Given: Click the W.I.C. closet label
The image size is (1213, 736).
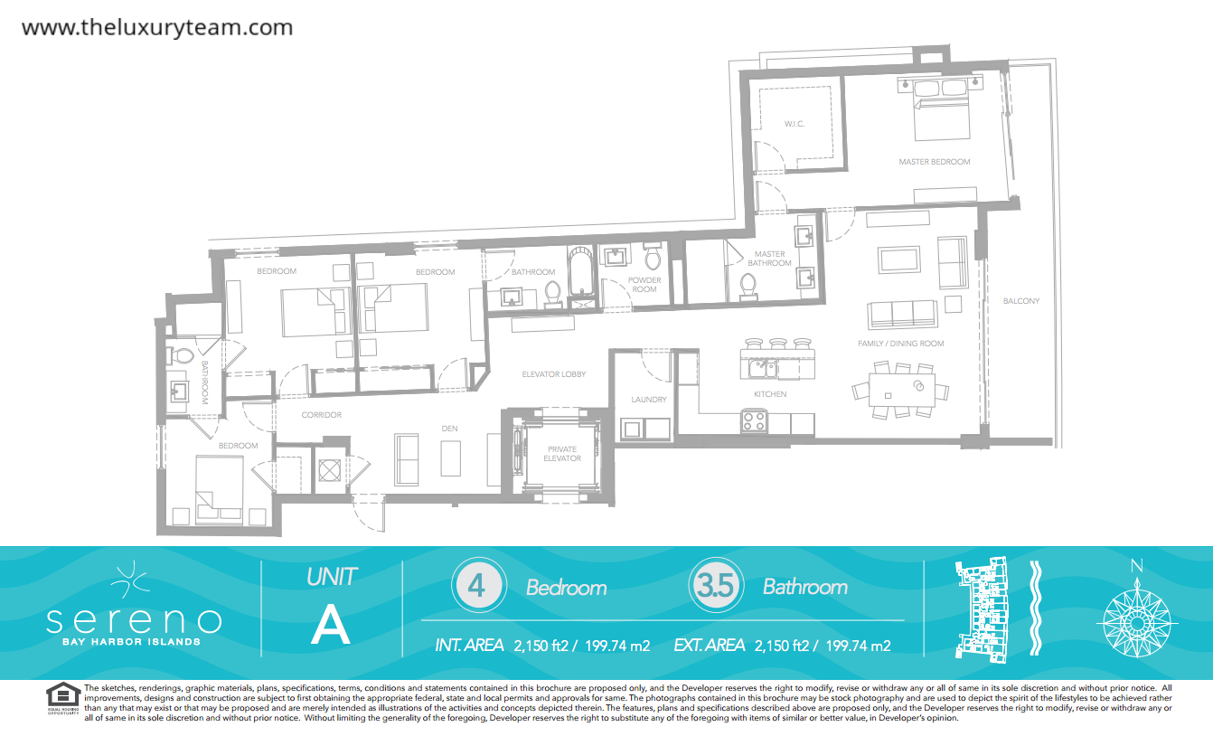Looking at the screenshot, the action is click(795, 124).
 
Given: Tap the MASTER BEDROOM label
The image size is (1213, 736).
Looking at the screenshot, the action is click(934, 161).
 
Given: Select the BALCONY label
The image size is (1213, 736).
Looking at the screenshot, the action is click(1020, 300).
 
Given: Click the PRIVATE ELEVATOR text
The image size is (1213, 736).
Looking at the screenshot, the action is click(562, 453).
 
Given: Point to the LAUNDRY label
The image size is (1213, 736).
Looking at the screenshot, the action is click(648, 399).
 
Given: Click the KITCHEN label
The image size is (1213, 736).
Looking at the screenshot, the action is click(770, 393).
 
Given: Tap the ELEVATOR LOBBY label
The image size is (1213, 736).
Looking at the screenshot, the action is click(553, 373).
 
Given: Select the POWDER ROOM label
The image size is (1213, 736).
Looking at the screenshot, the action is click(644, 284).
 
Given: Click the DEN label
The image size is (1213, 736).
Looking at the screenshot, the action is click(449, 428).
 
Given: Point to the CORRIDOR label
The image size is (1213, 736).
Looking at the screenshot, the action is click(321, 414).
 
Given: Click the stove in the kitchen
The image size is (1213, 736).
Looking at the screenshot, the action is click(754, 421).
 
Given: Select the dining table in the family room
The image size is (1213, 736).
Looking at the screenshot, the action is click(902, 390).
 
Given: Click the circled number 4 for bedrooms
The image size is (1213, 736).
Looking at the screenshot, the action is click(479, 585).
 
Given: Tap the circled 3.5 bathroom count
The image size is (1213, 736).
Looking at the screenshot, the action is click(716, 585).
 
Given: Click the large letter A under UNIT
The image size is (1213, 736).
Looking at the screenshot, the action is click(331, 625).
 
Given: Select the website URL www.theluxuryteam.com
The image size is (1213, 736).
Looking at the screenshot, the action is click(157, 27).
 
